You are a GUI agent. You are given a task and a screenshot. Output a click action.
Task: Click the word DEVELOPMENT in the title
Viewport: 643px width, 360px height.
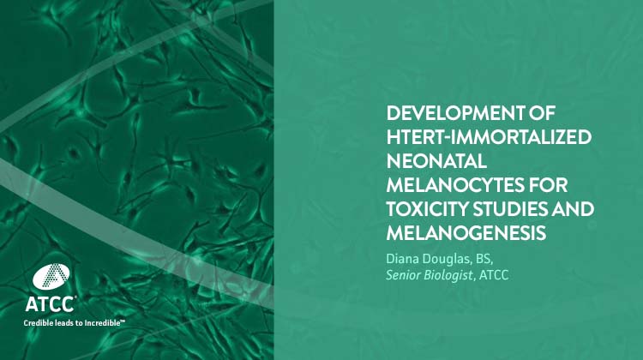(449, 115)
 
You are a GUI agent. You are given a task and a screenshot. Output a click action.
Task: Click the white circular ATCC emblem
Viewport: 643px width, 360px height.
(48, 277)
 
